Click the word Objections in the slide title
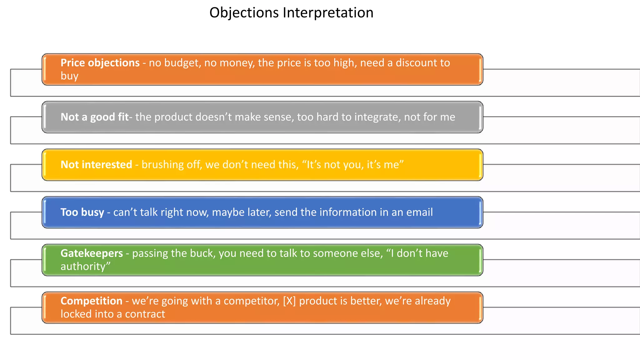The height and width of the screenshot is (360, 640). click(x=244, y=13)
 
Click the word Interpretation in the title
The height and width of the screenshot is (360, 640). click(x=328, y=13)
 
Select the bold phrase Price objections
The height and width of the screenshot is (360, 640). click(x=100, y=63)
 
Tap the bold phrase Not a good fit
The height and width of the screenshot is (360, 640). click(x=94, y=117)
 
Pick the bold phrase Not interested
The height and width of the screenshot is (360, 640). click(x=96, y=165)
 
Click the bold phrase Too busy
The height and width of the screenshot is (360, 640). click(x=82, y=212)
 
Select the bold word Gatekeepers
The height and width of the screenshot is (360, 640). click(x=92, y=253)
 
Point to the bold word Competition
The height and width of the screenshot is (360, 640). click(x=91, y=301)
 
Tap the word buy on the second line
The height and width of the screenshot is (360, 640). click(x=69, y=76)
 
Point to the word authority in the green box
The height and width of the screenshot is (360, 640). click(x=84, y=267)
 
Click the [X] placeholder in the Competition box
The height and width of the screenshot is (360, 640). click(x=289, y=301)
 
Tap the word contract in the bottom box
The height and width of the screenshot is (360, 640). click(x=145, y=314)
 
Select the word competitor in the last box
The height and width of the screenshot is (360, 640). click(x=251, y=301)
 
